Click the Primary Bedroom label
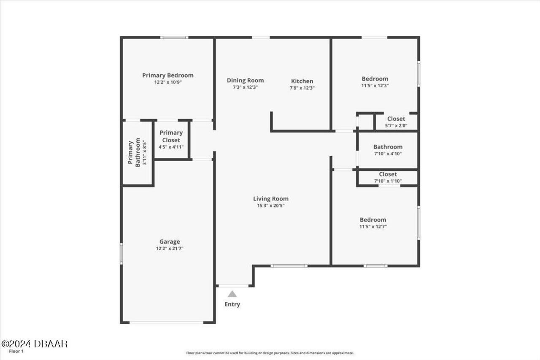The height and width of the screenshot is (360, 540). click(167, 76)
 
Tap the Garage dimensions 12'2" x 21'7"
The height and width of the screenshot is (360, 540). click(170, 249)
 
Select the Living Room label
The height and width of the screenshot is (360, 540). click(271, 199)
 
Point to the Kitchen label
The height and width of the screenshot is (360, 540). click(302, 81)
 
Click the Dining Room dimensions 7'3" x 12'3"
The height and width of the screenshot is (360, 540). click(245, 87)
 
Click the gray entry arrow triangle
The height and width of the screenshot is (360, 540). click(232, 294)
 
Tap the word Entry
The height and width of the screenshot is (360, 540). click(232, 304)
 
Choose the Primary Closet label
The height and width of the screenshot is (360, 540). click(171, 136)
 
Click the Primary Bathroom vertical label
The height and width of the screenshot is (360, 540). click(135, 153)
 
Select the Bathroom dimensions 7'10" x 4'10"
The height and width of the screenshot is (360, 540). click(388, 154)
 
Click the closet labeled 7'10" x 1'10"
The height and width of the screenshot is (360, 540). click(388, 177)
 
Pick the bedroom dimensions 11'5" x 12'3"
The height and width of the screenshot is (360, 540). click(375, 86)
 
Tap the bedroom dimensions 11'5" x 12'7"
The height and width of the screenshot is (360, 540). click(373, 227)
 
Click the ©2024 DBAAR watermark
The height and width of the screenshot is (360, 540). click(34, 344)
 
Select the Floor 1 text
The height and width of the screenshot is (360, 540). click(16, 351)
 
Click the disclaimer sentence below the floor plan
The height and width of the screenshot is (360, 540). click(270, 353)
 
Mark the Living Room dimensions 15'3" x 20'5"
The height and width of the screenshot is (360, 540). click(271, 206)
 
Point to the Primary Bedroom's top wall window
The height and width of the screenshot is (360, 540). click(174, 38)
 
